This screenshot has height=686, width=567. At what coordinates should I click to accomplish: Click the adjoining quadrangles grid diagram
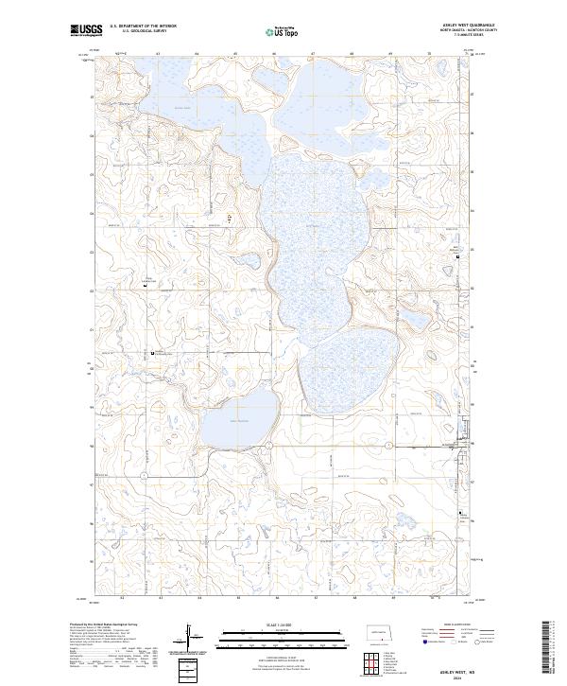pos(377,666)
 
